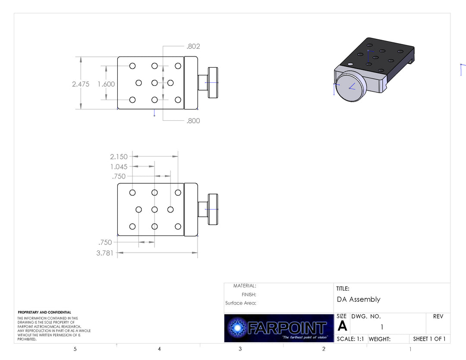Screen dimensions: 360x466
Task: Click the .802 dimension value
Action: click(193, 47)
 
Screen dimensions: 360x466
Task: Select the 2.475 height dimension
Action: click(81, 84)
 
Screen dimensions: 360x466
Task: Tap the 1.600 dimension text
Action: click(106, 84)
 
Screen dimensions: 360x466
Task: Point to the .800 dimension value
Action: click(193, 121)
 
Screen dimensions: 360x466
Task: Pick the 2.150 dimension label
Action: click(119, 157)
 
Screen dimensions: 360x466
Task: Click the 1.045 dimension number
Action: click(119, 167)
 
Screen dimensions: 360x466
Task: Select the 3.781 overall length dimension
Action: click(105, 253)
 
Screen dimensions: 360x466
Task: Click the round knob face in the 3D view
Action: click(350, 86)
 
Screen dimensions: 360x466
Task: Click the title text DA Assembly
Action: click(359, 299)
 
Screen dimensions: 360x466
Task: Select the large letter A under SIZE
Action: click(342, 326)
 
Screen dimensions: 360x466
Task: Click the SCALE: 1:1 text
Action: click(350, 339)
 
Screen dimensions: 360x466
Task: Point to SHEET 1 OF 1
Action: click(429, 339)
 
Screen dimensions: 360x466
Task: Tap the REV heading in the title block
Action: click(438, 316)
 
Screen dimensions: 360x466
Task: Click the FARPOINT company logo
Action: click(279, 328)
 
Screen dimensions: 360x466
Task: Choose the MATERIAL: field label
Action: click(244, 286)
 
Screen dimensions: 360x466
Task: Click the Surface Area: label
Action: click(240, 303)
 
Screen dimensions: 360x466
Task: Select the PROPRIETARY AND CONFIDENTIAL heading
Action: click(44, 312)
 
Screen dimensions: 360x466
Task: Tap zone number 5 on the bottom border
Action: click(75, 349)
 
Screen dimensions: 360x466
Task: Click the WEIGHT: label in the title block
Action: click(379, 339)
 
